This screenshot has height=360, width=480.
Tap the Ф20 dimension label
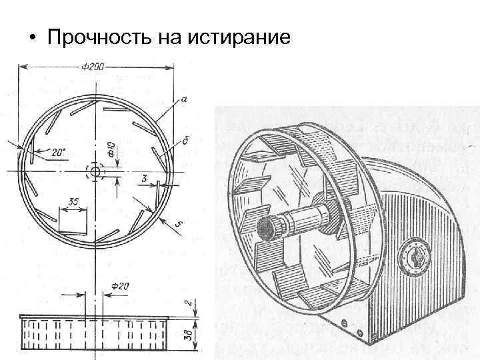(121, 286)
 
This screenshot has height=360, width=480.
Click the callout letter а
(183, 101)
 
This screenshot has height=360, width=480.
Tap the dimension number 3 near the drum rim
(145, 178)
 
